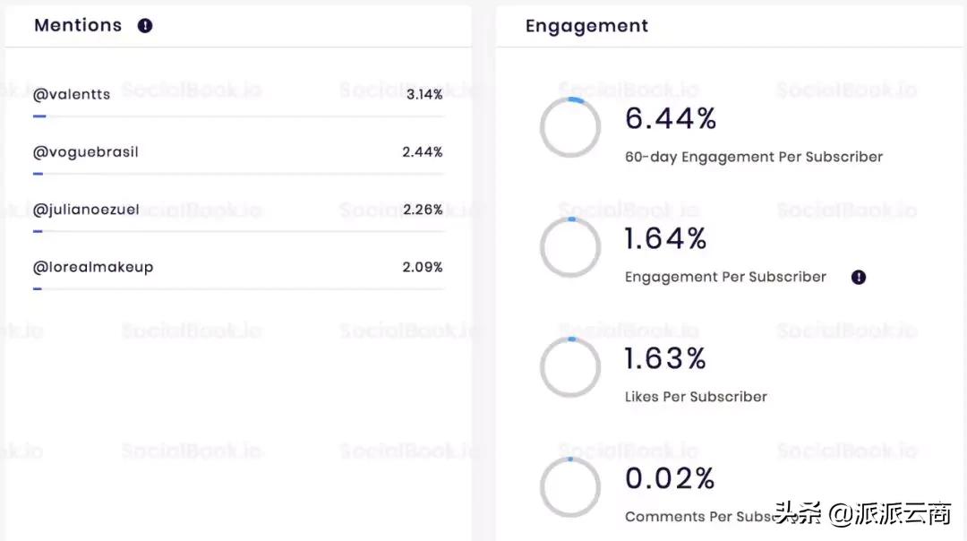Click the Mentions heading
[x=78, y=25]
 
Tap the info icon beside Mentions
[x=145, y=26]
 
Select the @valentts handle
[x=72, y=94]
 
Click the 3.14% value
[x=424, y=94]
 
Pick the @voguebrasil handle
[x=86, y=152]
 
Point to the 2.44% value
[x=423, y=152]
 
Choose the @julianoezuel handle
[x=87, y=210]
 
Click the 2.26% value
[x=423, y=210]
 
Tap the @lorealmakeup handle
[x=93, y=267]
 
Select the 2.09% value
[x=423, y=267]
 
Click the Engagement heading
[x=586, y=26]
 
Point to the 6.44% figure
[x=671, y=118]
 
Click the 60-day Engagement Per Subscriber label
[x=754, y=157]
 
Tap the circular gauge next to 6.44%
[x=570, y=127]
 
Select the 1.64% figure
[x=666, y=238]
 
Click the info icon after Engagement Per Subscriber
[x=859, y=278]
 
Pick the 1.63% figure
[x=665, y=358]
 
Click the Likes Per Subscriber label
[x=696, y=397]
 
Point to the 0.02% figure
[x=670, y=478]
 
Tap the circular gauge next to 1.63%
[x=570, y=367]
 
